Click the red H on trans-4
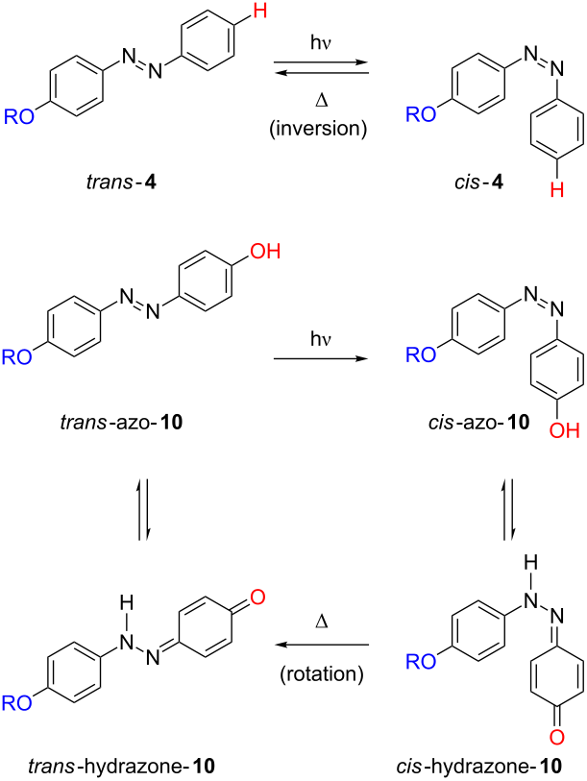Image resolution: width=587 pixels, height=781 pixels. click(260, 10)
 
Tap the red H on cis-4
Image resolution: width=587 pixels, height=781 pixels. click(557, 189)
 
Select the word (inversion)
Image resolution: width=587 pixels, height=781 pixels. click(318, 129)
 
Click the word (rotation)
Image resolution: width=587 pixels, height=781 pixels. click(322, 673)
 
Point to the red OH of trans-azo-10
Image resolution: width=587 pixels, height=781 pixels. click(265, 252)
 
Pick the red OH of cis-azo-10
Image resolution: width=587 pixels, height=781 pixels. click(565, 430)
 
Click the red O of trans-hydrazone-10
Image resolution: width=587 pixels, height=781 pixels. click(257, 598)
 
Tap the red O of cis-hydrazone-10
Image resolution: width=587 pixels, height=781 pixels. click(557, 737)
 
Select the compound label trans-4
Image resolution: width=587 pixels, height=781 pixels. click(122, 183)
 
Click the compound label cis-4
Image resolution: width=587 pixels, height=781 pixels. click(478, 183)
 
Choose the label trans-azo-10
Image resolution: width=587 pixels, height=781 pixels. click(122, 423)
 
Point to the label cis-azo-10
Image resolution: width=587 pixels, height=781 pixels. click(478, 423)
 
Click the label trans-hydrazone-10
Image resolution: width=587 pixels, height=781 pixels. click(122, 766)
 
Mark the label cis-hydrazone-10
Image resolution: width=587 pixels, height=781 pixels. click(479, 766)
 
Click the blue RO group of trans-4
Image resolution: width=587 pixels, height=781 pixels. click(19, 116)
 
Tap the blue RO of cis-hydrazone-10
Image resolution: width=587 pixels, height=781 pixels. click(421, 662)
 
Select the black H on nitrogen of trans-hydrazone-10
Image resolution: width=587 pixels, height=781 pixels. click(127, 603)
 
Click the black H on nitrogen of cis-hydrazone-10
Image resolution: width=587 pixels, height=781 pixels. click(531, 563)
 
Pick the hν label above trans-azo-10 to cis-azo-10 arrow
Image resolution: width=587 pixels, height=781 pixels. click(321, 340)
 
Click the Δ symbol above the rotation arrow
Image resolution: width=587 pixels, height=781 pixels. click(322, 622)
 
